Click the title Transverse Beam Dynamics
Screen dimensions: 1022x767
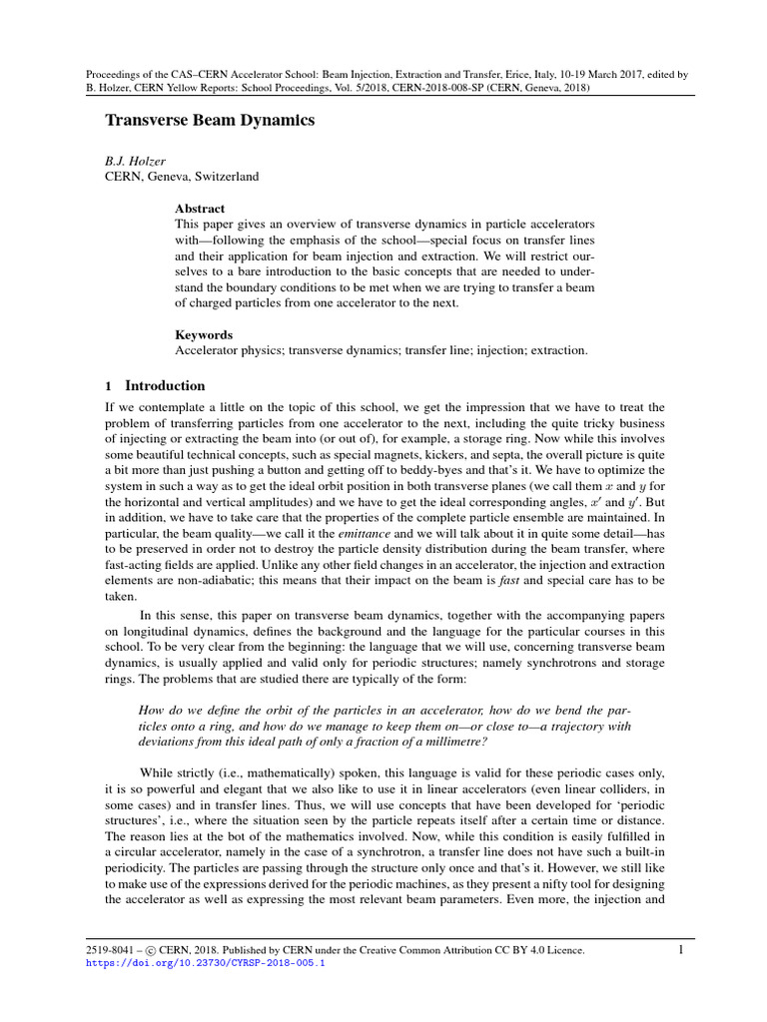click(x=211, y=121)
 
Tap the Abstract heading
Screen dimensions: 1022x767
click(x=200, y=209)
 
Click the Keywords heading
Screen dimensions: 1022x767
click(x=204, y=335)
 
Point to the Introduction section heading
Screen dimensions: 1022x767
click(x=165, y=386)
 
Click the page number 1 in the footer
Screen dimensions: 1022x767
click(x=680, y=950)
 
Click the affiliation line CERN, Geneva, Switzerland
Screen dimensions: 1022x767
click(x=182, y=177)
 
